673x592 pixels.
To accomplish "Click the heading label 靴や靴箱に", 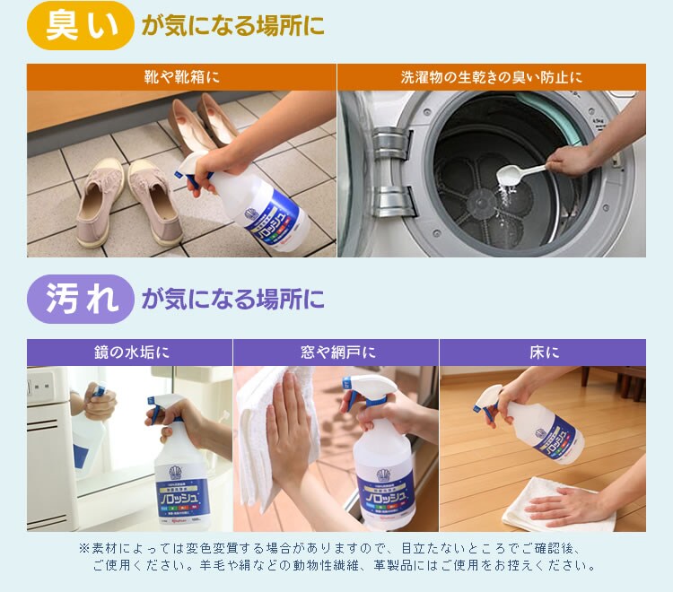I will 182,77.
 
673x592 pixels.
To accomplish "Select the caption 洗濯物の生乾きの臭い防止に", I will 491,77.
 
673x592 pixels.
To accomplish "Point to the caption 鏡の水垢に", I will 130,353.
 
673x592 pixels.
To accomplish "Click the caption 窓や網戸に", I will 336,353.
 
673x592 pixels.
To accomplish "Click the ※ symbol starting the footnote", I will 85,548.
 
